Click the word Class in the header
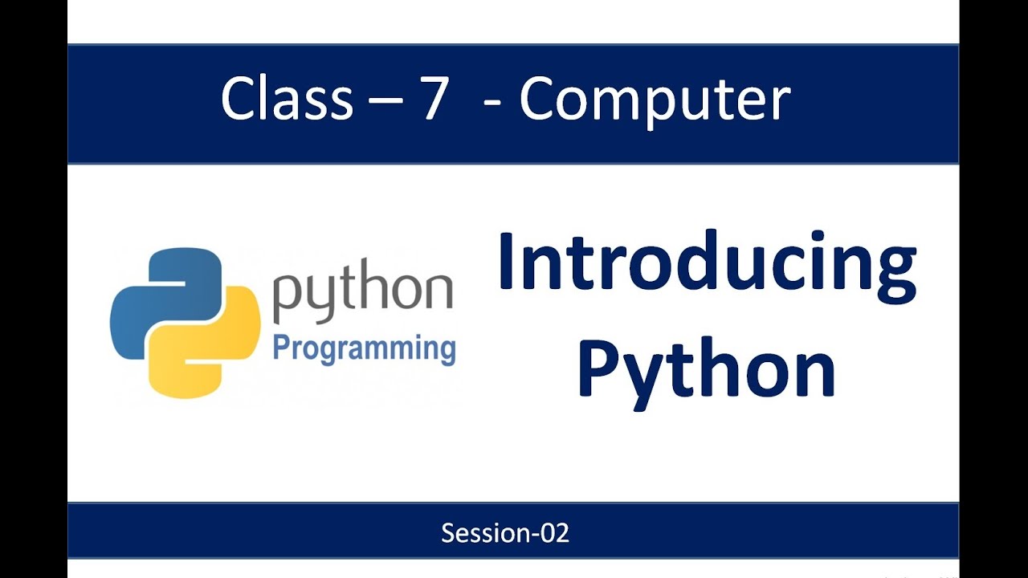coord(287,100)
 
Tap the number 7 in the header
coord(431,100)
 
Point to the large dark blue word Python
coord(707,371)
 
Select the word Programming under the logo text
coord(364,350)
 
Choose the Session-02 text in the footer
coord(505,533)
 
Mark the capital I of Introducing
coord(508,261)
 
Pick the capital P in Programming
coord(282,348)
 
